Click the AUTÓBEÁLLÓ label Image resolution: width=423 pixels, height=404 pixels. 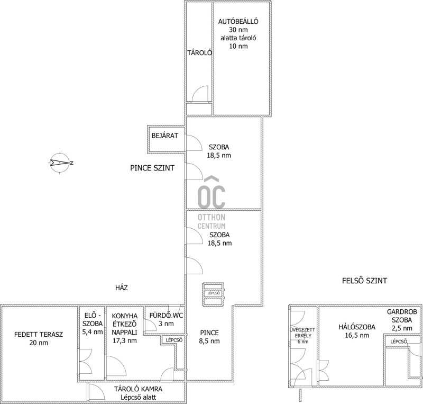click(238, 21)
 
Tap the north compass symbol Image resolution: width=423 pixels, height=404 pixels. click(60, 163)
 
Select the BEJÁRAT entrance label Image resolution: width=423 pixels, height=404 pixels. click(165, 136)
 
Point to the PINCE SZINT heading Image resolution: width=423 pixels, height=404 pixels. click(152, 168)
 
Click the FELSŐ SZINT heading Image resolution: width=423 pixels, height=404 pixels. click(364, 281)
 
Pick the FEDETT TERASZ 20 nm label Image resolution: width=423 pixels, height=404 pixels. click(39, 338)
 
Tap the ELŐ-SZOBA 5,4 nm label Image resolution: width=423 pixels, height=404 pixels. click(93, 324)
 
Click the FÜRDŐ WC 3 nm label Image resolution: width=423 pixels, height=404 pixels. click(166, 319)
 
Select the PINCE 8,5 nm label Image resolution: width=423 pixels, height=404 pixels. click(209, 337)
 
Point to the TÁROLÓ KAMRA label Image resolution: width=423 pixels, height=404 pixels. click(138, 389)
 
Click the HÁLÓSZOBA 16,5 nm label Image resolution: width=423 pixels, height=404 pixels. click(357, 331)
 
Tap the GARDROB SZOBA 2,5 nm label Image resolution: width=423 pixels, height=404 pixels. click(402, 320)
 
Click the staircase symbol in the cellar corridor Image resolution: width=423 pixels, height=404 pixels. click(214, 294)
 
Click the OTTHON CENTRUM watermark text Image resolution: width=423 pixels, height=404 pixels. click(212, 222)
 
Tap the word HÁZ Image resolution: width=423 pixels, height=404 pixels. click(122, 288)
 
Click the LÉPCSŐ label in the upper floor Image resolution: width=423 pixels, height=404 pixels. click(399, 342)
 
